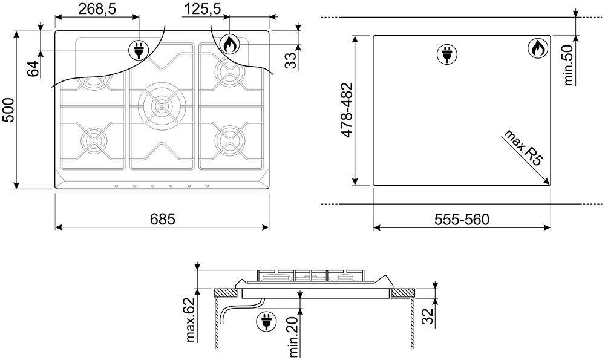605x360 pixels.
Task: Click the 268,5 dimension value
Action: pos(97,9)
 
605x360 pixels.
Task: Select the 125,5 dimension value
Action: pos(202,9)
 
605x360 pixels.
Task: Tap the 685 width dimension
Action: pos(162,219)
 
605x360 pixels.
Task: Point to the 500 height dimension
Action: pos(8,110)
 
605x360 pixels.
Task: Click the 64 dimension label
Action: pos(34,69)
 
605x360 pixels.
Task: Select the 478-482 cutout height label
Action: pos(347,110)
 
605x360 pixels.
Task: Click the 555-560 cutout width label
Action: pos(462,219)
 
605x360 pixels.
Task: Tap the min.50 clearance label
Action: pos(568,65)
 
